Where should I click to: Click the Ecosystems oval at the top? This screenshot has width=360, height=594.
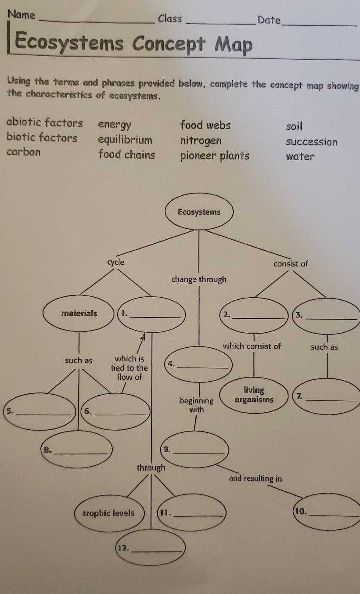[x=199, y=213]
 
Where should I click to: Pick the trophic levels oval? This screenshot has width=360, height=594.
[x=109, y=513]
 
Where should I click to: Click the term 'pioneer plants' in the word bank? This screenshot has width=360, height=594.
[x=215, y=156]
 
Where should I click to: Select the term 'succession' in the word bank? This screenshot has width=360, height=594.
[x=312, y=142]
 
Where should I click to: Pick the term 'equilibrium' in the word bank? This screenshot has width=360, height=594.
[x=125, y=140]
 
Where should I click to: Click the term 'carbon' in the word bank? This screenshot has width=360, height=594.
[x=23, y=152]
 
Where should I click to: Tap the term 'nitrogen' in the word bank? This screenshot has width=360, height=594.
[x=201, y=141]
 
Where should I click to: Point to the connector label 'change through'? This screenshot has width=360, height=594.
[x=199, y=279]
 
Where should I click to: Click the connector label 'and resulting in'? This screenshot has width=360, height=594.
[x=255, y=478]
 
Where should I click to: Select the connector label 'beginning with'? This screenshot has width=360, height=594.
[x=196, y=405]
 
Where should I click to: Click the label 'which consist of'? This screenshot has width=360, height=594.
[x=252, y=346]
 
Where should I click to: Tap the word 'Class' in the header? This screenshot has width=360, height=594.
[x=170, y=18]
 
